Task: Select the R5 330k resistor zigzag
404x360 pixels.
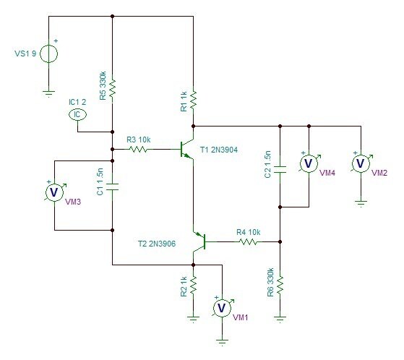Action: tap(112, 88)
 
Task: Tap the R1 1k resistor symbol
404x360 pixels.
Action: tap(193, 100)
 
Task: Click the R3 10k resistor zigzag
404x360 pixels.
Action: tap(138, 149)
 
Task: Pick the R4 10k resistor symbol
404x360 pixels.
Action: tap(248, 241)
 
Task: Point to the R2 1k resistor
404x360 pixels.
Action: tap(193, 285)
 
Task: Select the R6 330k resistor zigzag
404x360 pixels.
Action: tap(280, 285)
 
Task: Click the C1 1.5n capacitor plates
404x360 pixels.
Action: tap(112, 187)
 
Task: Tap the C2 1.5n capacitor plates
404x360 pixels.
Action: tap(280, 170)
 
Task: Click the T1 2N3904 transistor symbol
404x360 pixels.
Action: tap(186, 149)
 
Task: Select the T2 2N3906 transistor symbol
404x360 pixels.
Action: tap(199, 241)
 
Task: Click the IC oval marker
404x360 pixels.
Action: tap(77, 114)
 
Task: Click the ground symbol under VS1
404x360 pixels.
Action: tap(48, 94)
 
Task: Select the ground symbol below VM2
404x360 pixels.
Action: tap(361, 204)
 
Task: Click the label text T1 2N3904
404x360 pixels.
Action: tap(219, 150)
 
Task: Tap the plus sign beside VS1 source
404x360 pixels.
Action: tap(56, 40)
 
